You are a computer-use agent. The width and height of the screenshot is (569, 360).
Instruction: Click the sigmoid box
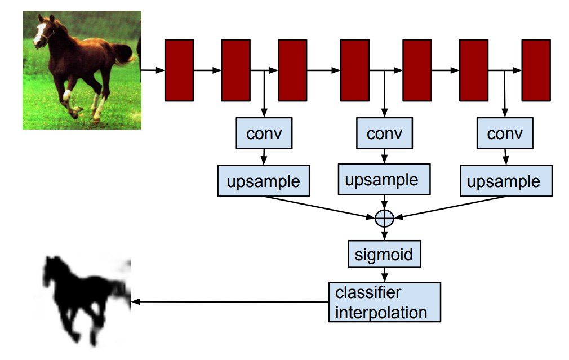coord(384,254)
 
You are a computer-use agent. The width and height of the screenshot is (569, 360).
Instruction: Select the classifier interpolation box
coord(384,302)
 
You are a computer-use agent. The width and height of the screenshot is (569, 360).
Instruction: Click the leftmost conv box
coord(264,134)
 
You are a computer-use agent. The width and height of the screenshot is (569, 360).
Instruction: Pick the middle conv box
coord(384,134)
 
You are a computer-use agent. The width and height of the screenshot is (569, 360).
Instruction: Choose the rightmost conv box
coord(505,134)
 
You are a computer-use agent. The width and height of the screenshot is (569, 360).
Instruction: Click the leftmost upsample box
coord(264,181)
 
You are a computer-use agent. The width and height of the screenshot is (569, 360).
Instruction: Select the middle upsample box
coord(384,179)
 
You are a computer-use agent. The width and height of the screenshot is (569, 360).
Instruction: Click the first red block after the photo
coord(179,70)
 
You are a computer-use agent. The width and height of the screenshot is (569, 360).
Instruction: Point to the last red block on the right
coord(536,70)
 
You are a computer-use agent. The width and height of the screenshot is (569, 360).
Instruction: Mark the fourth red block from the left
coord(355,70)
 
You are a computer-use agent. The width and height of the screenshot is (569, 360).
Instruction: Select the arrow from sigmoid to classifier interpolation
coord(384,274)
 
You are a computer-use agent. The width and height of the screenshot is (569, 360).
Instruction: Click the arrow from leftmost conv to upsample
coord(264,156)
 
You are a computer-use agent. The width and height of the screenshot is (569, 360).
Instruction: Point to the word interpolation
coord(381,312)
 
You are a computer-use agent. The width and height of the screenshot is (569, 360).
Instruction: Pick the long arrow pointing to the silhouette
coord(225,302)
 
